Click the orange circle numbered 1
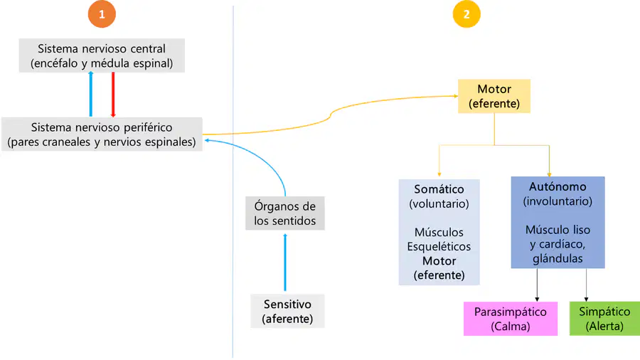(x=102, y=14)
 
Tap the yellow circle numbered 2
(x=466, y=14)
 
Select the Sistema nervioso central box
(x=102, y=55)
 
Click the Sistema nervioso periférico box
(x=102, y=134)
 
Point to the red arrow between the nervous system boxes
(x=113, y=95)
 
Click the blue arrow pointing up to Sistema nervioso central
(x=90, y=95)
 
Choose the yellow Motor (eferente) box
(x=494, y=96)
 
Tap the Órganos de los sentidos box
(x=285, y=213)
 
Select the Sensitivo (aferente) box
(x=287, y=311)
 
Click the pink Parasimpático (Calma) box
(x=510, y=319)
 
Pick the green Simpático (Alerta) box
(x=604, y=319)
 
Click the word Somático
(x=439, y=189)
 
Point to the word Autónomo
(x=558, y=186)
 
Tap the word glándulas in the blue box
(x=558, y=259)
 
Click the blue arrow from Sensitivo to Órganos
(x=285, y=262)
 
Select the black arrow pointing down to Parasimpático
(x=537, y=285)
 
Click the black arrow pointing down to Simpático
(x=586, y=285)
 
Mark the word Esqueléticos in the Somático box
(x=439, y=247)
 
